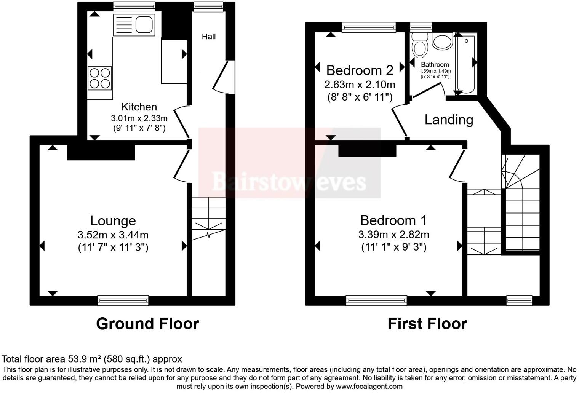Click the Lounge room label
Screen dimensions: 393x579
pyautogui.click(x=113, y=221)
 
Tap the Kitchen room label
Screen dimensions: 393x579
pyautogui.click(x=139, y=107)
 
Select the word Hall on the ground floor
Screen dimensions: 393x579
pyautogui.click(x=209, y=37)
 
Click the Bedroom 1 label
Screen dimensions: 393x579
pyautogui.click(x=393, y=220)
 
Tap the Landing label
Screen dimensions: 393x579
pyautogui.click(x=449, y=120)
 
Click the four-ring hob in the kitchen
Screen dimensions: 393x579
pyautogui.click(x=100, y=78)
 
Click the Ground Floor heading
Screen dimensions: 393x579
pyautogui.click(x=147, y=324)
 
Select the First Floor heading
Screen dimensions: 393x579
pyautogui.click(x=427, y=324)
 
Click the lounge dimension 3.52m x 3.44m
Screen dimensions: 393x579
pyautogui.click(x=113, y=235)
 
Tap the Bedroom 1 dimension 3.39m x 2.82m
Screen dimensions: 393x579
pyautogui.click(x=393, y=235)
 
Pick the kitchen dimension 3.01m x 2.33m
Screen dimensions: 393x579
pyautogui.click(x=139, y=118)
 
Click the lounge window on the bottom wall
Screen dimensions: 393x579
pyautogui.click(x=123, y=300)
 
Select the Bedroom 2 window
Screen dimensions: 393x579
pyautogui.click(x=369, y=26)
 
